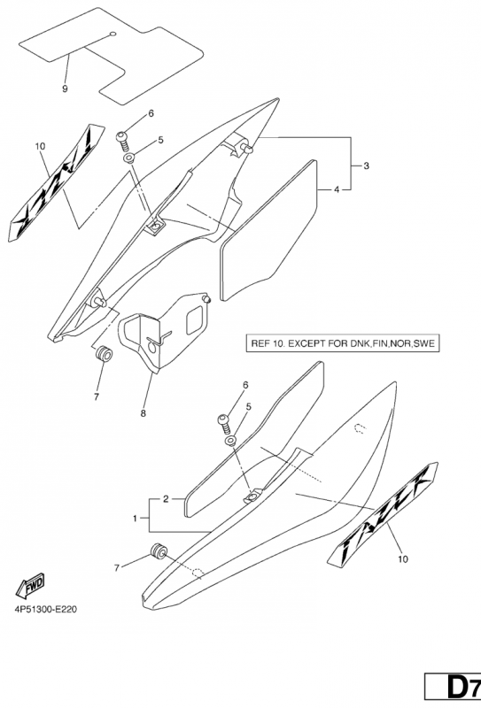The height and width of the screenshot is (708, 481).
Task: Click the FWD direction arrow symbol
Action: (x=30, y=586)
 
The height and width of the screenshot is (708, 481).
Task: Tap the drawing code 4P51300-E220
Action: (x=46, y=609)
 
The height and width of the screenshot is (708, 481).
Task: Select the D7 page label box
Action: (x=453, y=687)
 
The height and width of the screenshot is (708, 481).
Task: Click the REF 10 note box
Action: (x=343, y=343)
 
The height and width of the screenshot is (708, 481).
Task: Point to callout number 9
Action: (x=65, y=89)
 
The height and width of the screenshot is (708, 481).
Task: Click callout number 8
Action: (x=144, y=413)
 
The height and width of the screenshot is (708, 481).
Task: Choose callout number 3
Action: (x=366, y=165)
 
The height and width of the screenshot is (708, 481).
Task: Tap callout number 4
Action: (x=337, y=190)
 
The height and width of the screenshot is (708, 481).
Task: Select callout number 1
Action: (x=135, y=519)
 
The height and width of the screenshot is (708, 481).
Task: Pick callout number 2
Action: (x=166, y=499)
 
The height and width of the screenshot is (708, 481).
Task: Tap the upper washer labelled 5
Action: (x=129, y=158)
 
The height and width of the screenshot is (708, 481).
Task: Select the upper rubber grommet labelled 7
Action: (x=103, y=353)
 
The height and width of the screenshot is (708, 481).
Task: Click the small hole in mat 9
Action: (x=112, y=34)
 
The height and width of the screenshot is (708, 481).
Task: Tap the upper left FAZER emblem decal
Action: (x=57, y=182)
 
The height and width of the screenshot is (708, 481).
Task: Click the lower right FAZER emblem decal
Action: (x=383, y=513)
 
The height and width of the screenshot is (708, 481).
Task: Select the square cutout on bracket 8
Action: (x=195, y=320)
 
